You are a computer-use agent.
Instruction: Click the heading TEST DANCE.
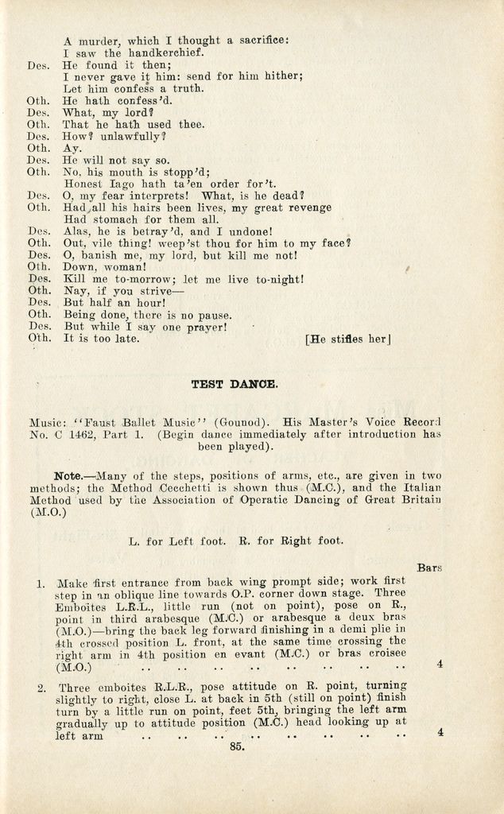pyautogui.click(x=235, y=385)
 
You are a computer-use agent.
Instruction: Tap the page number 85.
pyautogui.click(x=236, y=746)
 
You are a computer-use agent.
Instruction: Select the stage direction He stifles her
pyautogui.click(x=347, y=339)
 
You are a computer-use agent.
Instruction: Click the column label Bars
pyautogui.click(x=429, y=568)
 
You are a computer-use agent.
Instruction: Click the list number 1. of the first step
pyautogui.click(x=41, y=583)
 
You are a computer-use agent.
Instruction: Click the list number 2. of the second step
pyautogui.click(x=41, y=687)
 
